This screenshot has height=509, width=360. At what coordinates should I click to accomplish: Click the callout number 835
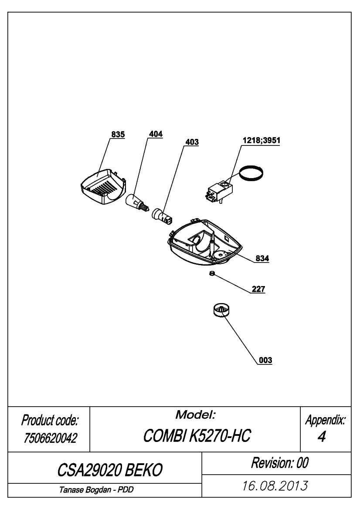[x=118, y=134]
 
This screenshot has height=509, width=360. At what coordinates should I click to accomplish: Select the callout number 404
[x=156, y=134]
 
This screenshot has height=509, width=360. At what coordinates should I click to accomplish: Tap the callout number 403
[x=192, y=142]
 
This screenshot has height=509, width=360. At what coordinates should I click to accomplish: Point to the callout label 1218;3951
[x=261, y=140]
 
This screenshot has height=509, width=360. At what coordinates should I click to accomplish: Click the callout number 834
[x=262, y=258]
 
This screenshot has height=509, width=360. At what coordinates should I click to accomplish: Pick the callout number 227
[x=258, y=289]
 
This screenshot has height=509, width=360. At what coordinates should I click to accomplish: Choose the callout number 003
[x=265, y=360]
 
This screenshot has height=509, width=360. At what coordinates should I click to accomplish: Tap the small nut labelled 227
[x=212, y=273]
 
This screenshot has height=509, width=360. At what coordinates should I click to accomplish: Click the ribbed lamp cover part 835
[x=103, y=187]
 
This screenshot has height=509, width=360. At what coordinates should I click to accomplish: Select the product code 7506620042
[x=50, y=438]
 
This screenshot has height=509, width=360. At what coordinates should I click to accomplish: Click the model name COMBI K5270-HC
[x=197, y=435]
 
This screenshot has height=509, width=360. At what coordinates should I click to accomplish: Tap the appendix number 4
[x=321, y=437]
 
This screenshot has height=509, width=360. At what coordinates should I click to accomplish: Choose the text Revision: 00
[x=280, y=462]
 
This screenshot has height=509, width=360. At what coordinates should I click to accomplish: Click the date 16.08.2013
[x=275, y=486]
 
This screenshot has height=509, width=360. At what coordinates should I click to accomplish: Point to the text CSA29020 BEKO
[x=110, y=470]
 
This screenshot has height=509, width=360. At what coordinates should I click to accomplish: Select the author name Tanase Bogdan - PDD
[x=96, y=490]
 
